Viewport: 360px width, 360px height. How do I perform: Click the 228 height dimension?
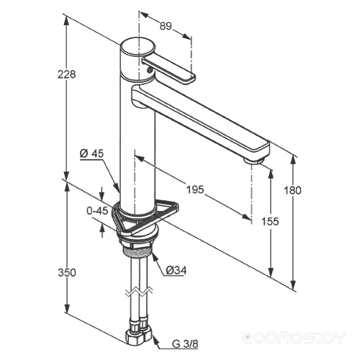click(x=66, y=74)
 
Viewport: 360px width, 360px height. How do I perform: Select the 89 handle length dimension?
click(x=166, y=26)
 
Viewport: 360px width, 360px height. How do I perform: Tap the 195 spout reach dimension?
click(x=195, y=190)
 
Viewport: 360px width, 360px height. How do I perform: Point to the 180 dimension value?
click(x=292, y=191)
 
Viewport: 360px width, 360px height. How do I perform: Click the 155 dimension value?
click(x=270, y=221)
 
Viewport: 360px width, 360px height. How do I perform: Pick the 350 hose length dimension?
click(x=67, y=273)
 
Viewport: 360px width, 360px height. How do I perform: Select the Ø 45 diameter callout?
click(x=91, y=153)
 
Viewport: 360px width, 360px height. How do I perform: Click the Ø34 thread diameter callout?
click(x=176, y=271)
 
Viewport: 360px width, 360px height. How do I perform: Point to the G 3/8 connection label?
click(x=185, y=344)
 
